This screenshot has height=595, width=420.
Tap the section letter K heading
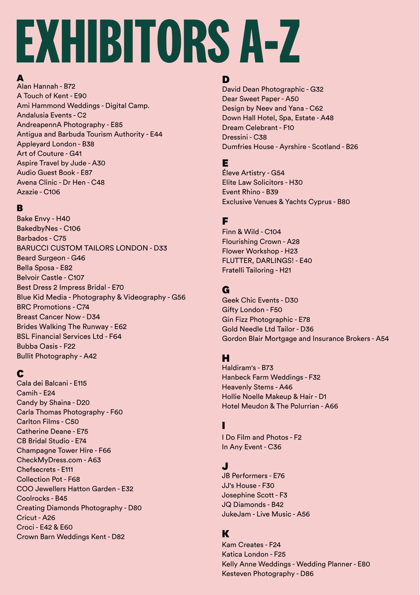(x=225, y=534)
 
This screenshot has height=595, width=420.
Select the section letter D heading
(x=226, y=79)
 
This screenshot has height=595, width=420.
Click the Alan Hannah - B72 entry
(x=46, y=86)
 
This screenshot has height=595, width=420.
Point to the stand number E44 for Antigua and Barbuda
(x=156, y=134)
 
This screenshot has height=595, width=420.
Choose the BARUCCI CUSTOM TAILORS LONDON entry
(x=92, y=248)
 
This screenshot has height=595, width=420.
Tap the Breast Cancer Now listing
(x=58, y=317)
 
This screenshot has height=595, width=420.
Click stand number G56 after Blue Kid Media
(x=178, y=297)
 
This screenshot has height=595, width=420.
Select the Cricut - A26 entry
(x=36, y=518)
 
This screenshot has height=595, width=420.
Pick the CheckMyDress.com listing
(x=59, y=460)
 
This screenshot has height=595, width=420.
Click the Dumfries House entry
(x=290, y=147)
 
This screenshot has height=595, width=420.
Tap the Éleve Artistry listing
(x=253, y=173)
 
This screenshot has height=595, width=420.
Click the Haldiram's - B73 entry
(x=248, y=368)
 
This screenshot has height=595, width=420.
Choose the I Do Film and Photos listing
(x=262, y=437)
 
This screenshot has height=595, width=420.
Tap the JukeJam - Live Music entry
(x=266, y=514)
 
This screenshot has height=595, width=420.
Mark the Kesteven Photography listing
(x=267, y=574)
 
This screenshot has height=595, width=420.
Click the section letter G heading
(x=226, y=290)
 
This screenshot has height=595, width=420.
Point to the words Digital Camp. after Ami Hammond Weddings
(x=127, y=106)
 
